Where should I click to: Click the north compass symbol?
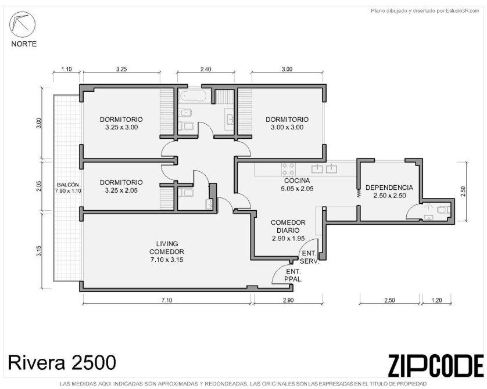click(x=22, y=24)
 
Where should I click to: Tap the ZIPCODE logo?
click(x=436, y=366)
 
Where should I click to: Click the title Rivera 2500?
click(x=62, y=362)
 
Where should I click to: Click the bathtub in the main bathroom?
click(x=192, y=96)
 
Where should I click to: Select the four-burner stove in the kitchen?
click(x=288, y=170)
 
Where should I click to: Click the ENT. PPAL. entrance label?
click(x=293, y=275)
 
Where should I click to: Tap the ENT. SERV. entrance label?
click(x=310, y=257)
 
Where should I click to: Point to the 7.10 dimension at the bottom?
click(x=167, y=300)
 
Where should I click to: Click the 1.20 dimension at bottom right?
click(x=436, y=300)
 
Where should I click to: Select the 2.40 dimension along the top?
click(x=206, y=69)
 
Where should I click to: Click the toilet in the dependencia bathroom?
click(x=443, y=210)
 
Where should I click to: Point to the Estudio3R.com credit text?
click(x=425, y=11)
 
